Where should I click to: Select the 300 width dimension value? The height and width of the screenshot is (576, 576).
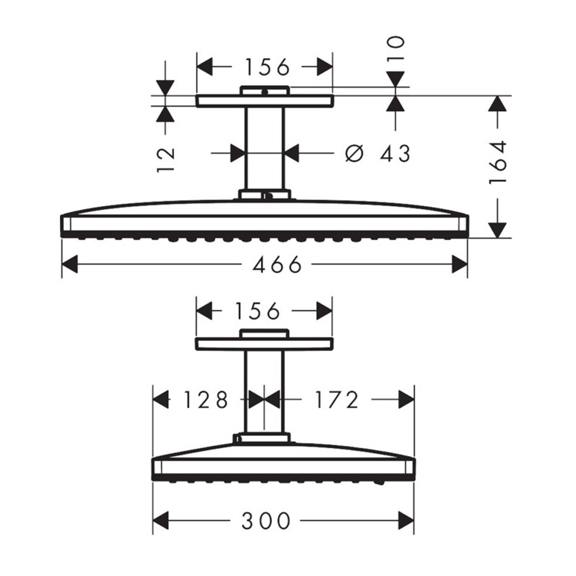click(x=265, y=521)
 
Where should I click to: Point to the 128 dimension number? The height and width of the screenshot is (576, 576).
click(x=205, y=399)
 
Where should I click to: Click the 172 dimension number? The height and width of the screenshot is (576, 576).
click(x=336, y=399)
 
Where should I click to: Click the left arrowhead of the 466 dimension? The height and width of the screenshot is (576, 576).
click(x=70, y=265)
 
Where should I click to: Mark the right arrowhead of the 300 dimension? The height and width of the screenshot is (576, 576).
click(x=406, y=521)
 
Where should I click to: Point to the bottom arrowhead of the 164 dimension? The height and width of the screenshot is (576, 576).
click(x=497, y=229)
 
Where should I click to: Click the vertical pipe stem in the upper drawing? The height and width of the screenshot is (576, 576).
click(x=264, y=150)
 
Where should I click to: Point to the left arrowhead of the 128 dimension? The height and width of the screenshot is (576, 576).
click(x=160, y=399)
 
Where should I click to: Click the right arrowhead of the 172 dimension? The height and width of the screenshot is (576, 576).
click(x=406, y=399)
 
